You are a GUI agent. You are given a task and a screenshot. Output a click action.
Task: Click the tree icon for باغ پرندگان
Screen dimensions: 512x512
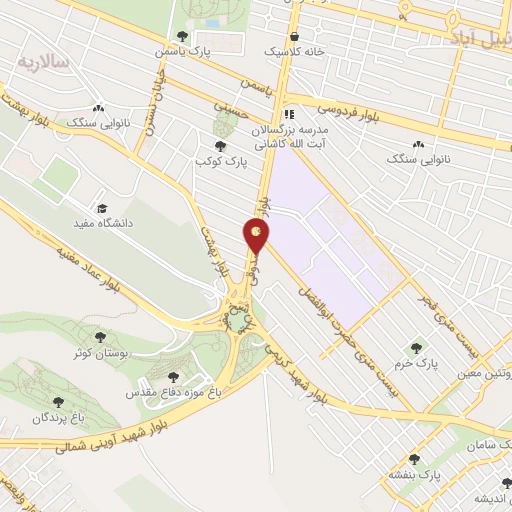point(57,401)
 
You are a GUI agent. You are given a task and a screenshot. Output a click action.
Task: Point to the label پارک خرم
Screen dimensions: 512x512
point(416,363)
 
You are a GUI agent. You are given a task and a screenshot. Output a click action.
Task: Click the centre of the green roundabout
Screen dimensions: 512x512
point(237,319)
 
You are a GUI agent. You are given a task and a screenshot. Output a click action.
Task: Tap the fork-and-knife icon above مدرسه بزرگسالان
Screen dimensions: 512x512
point(289,113)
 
